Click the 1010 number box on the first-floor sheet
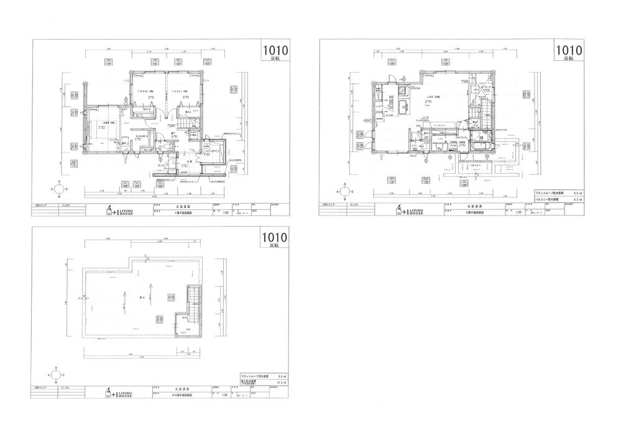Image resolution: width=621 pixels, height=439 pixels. pyautogui.click(x=274, y=52)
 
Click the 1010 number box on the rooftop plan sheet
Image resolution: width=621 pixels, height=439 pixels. pyautogui.click(x=274, y=238)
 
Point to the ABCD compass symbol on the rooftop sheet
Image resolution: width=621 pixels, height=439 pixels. pyautogui.click(x=56, y=375)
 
